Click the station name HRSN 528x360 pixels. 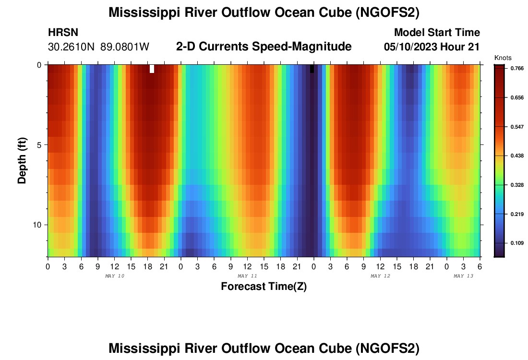[63, 33]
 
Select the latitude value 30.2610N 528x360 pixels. [72, 47]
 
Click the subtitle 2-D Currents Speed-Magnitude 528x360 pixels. [264, 47]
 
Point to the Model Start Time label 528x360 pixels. [436, 33]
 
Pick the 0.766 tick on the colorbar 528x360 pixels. [516, 69]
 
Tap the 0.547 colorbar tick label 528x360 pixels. [516, 127]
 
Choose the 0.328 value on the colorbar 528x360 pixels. [516, 185]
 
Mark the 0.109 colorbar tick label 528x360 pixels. [516, 243]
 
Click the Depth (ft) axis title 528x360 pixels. [22, 161]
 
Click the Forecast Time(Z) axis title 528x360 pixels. [264, 287]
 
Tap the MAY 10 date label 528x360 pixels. [115, 276]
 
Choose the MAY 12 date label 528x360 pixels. [380, 276]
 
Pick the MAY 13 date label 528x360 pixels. [464, 276]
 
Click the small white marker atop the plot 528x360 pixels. [152, 69]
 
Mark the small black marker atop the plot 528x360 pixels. [312, 69]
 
